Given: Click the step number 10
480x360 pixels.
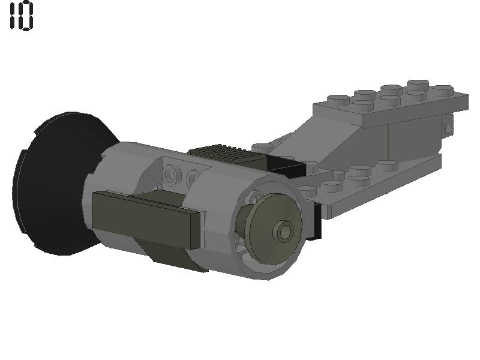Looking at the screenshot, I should point(22,16).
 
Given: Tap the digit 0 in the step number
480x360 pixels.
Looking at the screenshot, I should point(27,16).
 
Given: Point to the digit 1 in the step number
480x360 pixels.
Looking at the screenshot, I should point(13,16).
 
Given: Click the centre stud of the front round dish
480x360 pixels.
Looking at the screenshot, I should point(283,230).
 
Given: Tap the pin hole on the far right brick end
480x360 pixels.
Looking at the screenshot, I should point(447,126).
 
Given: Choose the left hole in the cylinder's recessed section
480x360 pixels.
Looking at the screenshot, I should point(173,175).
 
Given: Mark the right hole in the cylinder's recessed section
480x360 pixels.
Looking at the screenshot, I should point(193,178).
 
